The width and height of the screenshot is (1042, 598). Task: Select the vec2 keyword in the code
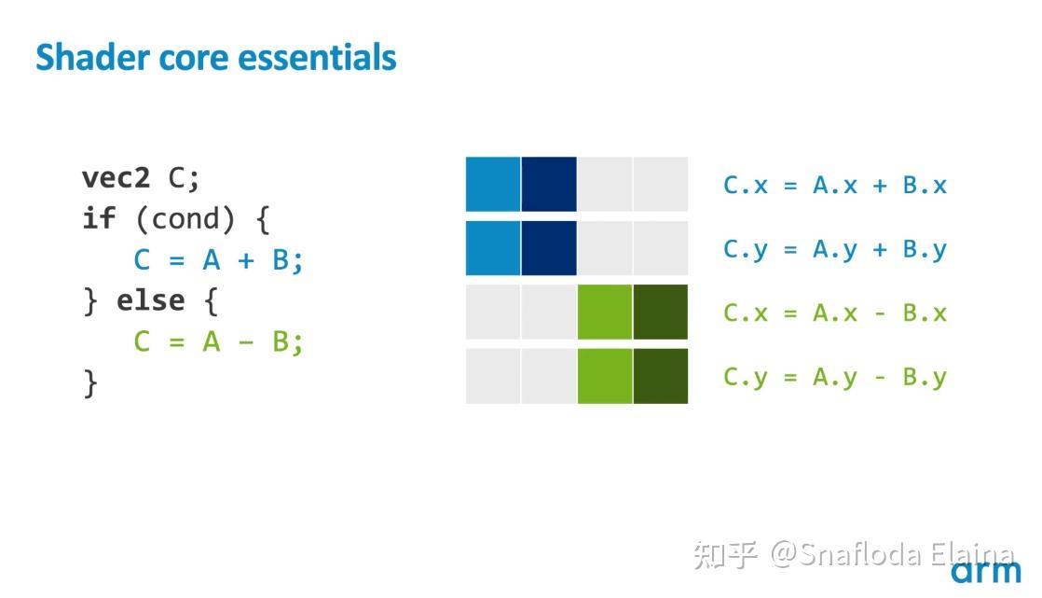click(x=116, y=177)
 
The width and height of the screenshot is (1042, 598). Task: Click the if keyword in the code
click(x=99, y=219)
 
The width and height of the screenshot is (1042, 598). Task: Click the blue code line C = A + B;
click(x=219, y=260)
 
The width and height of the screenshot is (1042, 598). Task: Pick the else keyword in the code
click(x=149, y=301)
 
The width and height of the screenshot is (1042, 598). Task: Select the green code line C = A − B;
click(x=219, y=342)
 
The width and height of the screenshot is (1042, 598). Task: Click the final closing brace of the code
click(x=90, y=382)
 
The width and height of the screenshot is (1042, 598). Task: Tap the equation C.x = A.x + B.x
click(x=835, y=186)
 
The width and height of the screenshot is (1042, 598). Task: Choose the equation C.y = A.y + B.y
click(x=835, y=249)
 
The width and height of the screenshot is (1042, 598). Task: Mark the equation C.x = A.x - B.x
click(x=835, y=313)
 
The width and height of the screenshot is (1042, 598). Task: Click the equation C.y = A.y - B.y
click(x=835, y=377)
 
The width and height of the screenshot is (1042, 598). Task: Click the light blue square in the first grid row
click(x=493, y=184)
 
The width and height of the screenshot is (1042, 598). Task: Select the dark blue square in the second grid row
click(x=549, y=248)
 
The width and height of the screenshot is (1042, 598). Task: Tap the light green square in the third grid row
click(x=605, y=312)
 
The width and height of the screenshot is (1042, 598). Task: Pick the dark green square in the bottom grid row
click(x=660, y=376)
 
